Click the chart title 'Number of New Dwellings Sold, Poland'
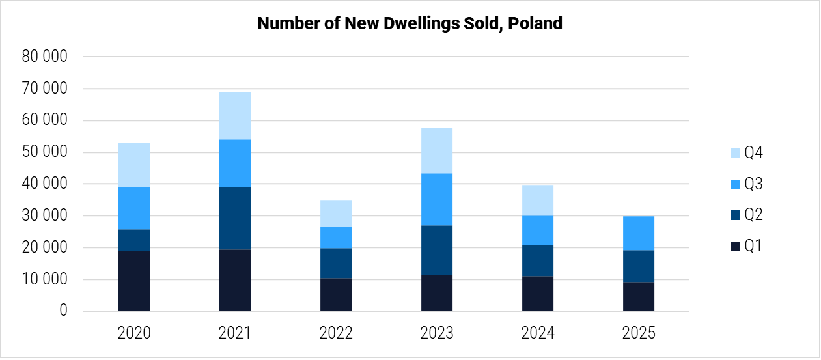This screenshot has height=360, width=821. point(410,23)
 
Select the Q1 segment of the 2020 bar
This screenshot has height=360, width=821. point(134,281)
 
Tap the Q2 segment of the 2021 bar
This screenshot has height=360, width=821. point(234,218)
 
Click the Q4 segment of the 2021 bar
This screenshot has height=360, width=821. point(234,116)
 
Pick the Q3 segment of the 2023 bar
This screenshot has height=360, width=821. point(436,199)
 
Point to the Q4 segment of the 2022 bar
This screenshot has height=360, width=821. point(335,214)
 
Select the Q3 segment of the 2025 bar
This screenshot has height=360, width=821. point(638,233)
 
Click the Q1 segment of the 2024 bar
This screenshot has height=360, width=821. point(537,294)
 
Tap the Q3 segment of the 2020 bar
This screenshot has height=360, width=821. point(134,208)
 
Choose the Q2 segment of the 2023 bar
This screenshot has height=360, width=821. point(436,250)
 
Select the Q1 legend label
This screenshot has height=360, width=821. point(753,246)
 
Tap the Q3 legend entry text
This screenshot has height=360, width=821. point(753,185)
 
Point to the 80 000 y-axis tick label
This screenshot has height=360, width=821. point(44,57)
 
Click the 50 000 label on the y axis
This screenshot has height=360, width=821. point(44,152)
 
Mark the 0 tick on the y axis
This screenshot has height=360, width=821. point(63,311)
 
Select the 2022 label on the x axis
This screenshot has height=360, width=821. point(335,333)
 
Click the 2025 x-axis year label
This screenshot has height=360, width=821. point(638,333)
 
